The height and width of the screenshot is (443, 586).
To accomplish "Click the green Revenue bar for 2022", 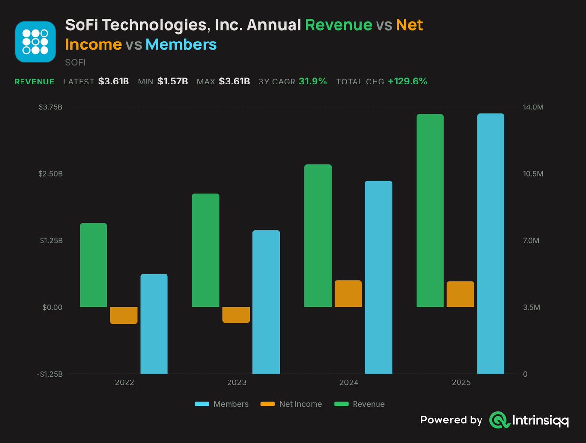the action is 93,265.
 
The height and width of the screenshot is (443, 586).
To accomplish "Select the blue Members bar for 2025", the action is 491,244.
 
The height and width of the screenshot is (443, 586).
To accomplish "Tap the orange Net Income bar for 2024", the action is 348,294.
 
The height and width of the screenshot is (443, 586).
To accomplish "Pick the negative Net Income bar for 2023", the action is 236,315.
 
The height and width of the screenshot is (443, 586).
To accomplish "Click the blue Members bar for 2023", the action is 266,302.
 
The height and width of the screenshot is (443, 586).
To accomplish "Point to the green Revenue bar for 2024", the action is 318,235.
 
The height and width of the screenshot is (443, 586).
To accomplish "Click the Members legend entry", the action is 222,404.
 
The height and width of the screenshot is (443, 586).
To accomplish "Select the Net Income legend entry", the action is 291,404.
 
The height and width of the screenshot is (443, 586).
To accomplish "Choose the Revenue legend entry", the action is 359,404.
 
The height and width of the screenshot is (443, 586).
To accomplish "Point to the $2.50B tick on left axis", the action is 50,174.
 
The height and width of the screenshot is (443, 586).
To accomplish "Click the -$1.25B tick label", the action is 49,374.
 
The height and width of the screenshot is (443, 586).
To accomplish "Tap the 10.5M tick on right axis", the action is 533,174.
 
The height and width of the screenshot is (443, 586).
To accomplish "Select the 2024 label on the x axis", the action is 349,382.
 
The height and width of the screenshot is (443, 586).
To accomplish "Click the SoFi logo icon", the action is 35,42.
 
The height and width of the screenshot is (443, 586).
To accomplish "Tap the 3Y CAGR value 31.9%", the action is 313,81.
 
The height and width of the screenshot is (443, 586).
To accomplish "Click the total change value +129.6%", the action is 408,81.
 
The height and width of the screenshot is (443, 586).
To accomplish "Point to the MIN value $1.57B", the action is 172,81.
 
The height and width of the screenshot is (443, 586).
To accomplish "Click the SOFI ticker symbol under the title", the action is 76,63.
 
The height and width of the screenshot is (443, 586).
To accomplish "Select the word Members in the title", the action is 181,44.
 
